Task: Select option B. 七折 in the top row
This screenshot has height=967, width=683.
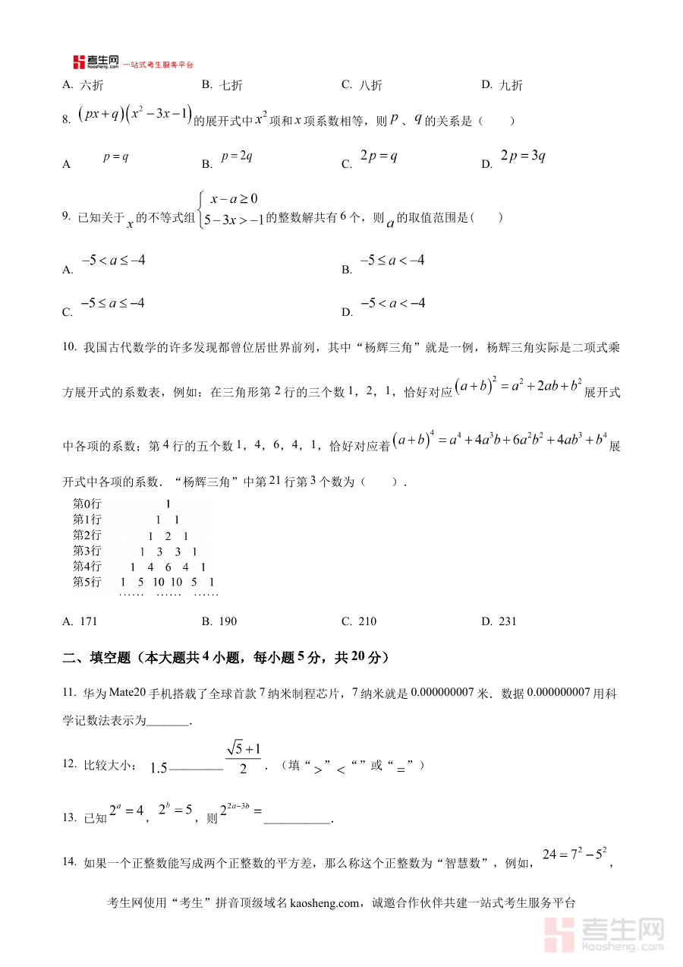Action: (x=222, y=86)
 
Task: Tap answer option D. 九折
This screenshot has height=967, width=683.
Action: (x=502, y=86)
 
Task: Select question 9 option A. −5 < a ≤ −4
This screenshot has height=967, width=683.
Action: (x=105, y=261)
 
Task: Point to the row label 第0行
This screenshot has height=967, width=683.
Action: (x=87, y=504)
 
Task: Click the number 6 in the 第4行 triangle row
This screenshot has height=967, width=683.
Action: (x=168, y=567)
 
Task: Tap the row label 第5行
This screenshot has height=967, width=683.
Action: (x=87, y=583)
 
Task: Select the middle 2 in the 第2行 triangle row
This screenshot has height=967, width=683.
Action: (x=168, y=536)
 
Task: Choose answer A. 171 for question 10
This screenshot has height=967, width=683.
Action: (x=80, y=621)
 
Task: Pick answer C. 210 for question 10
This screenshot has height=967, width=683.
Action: (x=359, y=621)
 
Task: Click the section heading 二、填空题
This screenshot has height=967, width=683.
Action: (x=97, y=658)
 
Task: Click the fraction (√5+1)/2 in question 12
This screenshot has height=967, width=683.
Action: (x=243, y=759)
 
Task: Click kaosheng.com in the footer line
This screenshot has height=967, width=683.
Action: (x=324, y=903)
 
